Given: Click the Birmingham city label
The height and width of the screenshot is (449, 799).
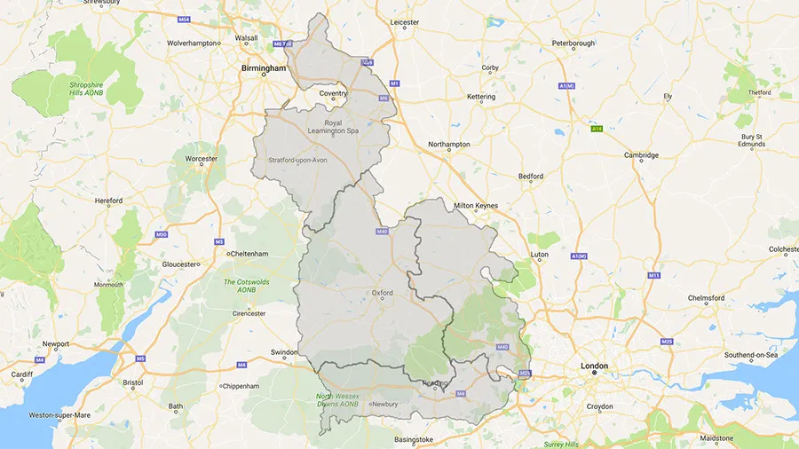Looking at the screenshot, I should pyautogui.click(x=264, y=67).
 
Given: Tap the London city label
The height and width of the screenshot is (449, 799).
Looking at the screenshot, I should pyautogui.click(x=594, y=366).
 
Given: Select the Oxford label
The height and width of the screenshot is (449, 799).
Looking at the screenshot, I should pyautogui.click(x=382, y=292).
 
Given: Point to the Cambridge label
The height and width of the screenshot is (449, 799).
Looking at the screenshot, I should pyautogui.click(x=641, y=155).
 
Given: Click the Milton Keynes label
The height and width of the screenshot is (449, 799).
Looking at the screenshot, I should pyautogui.click(x=476, y=206).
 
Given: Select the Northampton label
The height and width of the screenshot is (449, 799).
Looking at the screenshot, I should pyautogui.click(x=448, y=144).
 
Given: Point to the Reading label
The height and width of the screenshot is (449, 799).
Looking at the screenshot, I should pyautogui.click(x=434, y=383).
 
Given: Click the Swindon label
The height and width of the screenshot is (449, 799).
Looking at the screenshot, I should pyautogui.click(x=284, y=352).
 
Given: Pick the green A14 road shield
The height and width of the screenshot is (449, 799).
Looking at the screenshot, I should pyautogui.click(x=598, y=129).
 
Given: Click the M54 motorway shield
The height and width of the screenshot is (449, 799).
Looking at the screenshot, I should pyautogui.click(x=184, y=19).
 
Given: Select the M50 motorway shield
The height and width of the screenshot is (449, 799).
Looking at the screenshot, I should pyautogui.click(x=161, y=234).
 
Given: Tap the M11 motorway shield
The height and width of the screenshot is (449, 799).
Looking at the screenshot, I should pyautogui.click(x=654, y=275).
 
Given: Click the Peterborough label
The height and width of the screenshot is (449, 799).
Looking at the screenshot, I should pyautogui.click(x=573, y=43).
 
